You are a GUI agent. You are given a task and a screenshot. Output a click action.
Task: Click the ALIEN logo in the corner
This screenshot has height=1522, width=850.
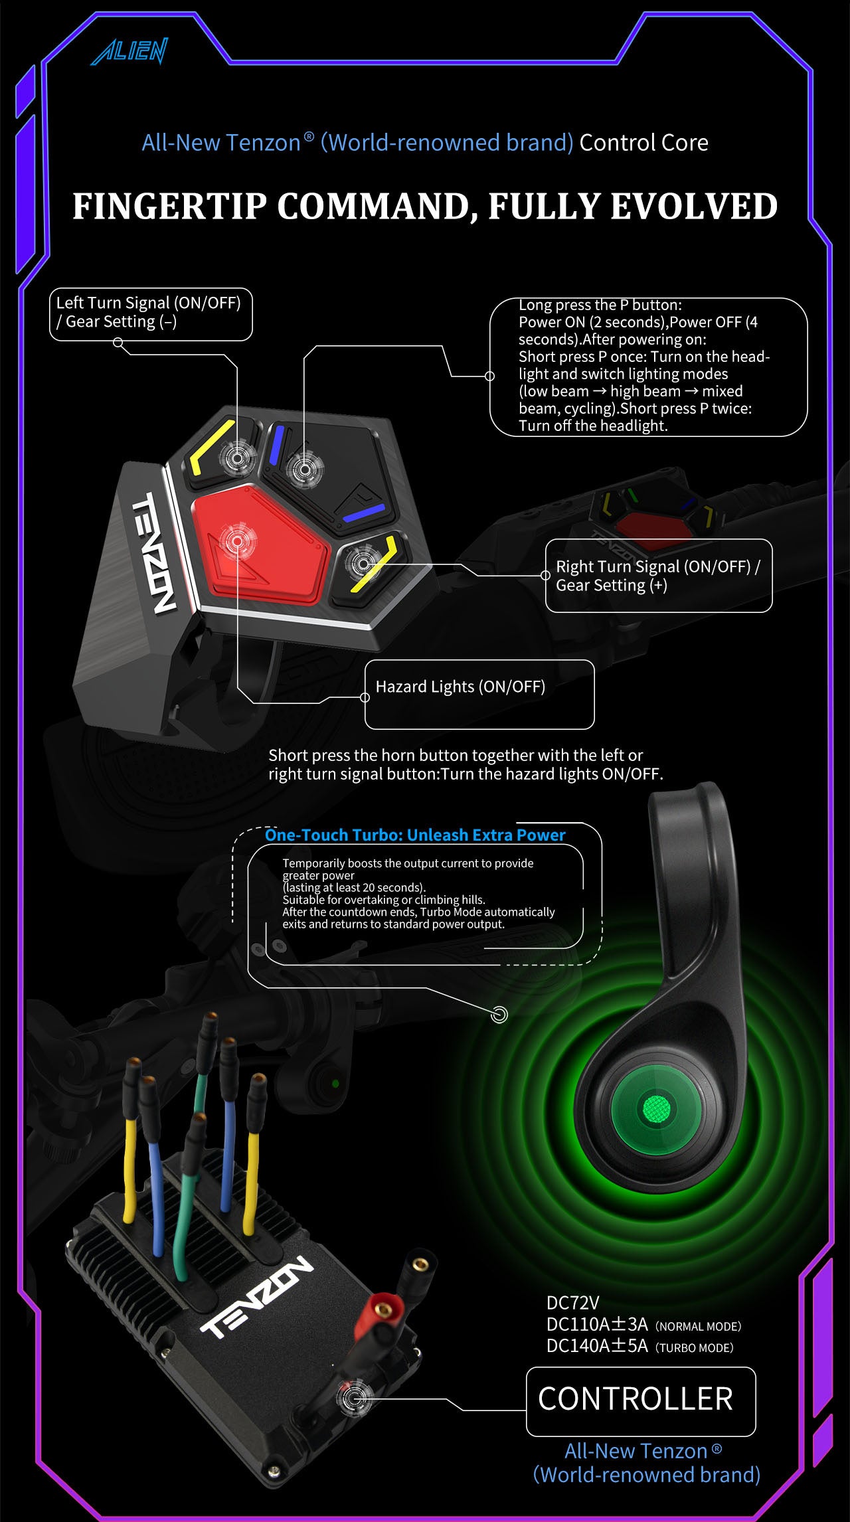point(130,52)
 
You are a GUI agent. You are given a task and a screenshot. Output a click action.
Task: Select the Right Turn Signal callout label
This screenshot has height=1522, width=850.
point(657,575)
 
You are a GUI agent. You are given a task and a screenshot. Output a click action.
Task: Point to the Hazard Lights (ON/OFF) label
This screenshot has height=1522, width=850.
point(460,687)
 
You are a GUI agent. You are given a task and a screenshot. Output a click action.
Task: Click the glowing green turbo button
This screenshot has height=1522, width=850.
point(657,1108)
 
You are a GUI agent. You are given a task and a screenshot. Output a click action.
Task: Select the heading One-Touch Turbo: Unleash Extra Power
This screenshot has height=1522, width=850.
point(415,835)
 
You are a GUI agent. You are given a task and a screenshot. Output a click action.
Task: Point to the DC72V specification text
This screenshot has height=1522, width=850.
point(572,1303)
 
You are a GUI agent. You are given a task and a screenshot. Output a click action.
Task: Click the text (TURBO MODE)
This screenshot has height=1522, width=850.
point(695,1347)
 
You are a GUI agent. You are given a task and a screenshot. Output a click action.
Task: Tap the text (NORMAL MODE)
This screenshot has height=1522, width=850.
point(698,1326)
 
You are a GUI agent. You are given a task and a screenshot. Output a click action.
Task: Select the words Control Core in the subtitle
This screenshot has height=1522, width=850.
point(643,143)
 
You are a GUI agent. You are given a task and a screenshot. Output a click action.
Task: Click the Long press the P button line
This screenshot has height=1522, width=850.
point(600,305)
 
